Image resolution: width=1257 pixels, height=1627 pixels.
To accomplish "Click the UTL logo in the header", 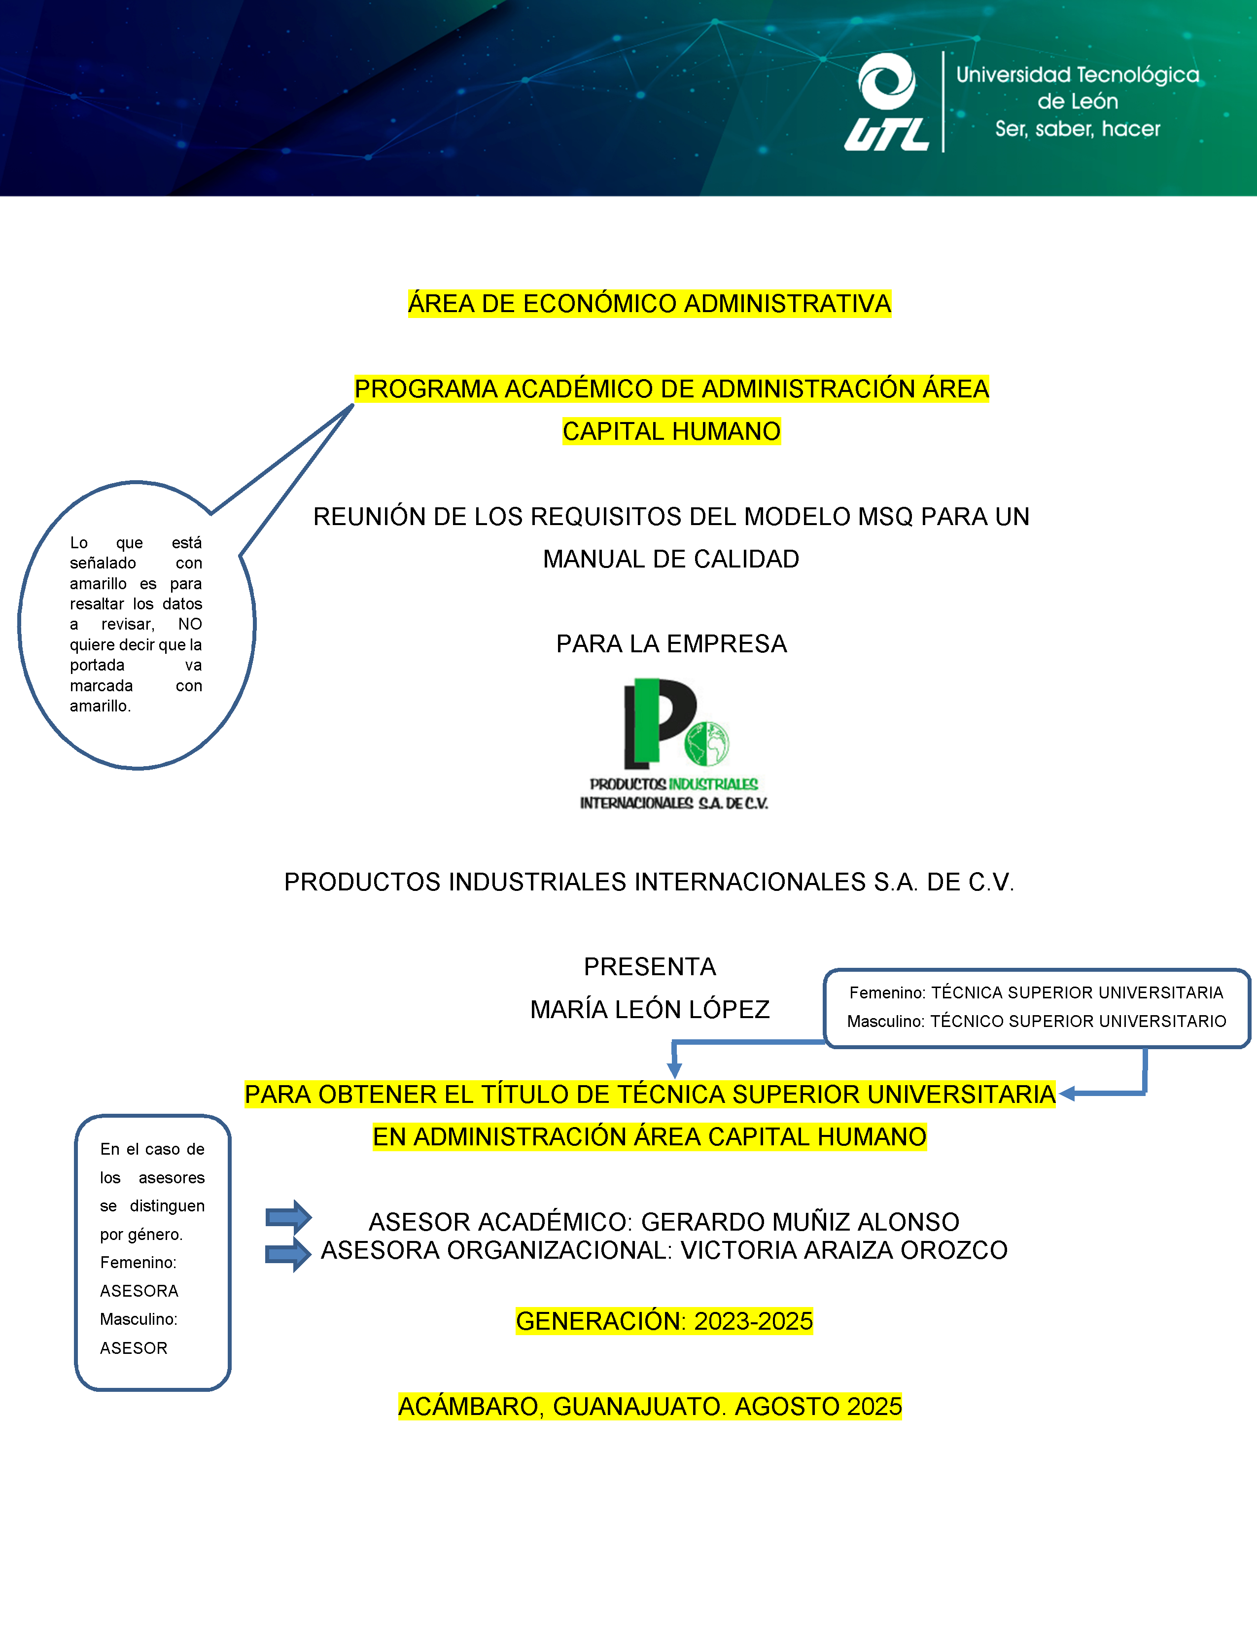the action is click(x=887, y=102).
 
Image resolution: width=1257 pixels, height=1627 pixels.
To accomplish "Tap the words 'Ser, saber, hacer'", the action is click(x=1078, y=129).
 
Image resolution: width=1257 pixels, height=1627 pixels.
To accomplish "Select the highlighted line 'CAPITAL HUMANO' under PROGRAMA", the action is click(x=672, y=431).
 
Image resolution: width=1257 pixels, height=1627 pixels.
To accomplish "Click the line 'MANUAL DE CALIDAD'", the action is click(x=671, y=559).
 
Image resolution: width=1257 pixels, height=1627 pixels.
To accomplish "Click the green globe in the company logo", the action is click(x=707, y=743).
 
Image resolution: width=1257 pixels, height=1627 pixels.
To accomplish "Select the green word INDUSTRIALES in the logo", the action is click(x=713, y=784).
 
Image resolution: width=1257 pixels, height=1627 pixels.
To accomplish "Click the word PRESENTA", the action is click(x=649, y=966).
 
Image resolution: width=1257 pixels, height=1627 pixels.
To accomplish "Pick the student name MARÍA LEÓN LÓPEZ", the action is click(x=649, y=1009).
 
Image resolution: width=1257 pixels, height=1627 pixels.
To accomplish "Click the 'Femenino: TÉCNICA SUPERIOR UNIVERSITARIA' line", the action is click(x=1036, y=992).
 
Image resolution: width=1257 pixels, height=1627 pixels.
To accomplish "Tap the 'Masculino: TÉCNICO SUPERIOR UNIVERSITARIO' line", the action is click(x=1036, y=1022).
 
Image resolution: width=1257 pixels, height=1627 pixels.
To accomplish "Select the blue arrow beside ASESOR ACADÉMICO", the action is click(x=289, y=1217).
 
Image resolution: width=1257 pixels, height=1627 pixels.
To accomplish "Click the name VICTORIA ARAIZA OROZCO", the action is click(x=844, y=1250).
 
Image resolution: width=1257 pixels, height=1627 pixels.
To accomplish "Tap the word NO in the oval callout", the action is click(x=190, y=624).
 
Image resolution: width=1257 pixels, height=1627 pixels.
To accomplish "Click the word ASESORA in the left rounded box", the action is click(x=139, y=1291).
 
